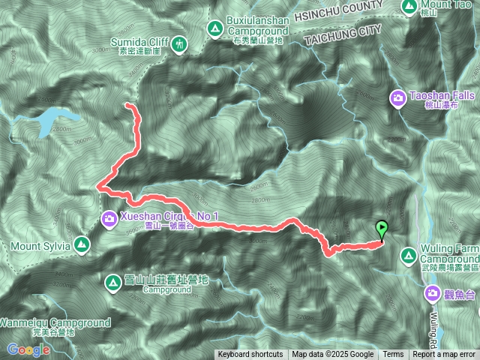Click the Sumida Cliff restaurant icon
point(181,44)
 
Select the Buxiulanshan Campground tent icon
point(214,29)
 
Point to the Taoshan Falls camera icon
point(397,97)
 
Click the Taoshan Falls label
point(434,97)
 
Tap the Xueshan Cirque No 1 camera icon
point(109,218)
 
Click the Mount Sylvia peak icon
point(82,244)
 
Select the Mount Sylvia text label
point(40,245)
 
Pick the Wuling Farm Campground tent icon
point(407,256)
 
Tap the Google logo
point(28,349)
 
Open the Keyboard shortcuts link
point(250,355)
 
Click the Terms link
point(393,355)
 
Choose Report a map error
point(444,355)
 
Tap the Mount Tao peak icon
point(409,6)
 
